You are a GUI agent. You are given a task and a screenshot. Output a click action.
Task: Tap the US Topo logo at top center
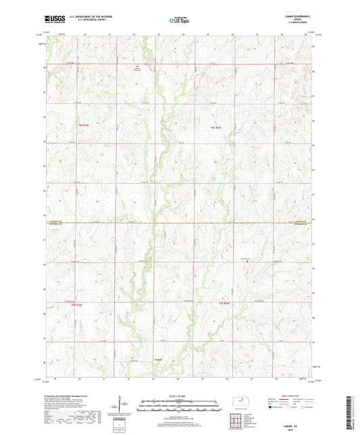tap(179, 21)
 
